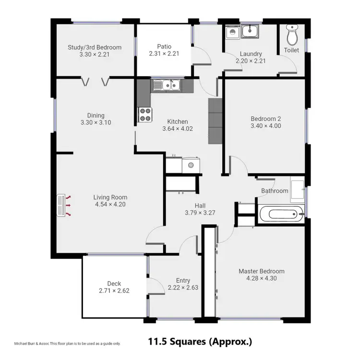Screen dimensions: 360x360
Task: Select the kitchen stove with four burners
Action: tap(144, 114)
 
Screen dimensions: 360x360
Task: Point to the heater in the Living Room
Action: tap(61, 205)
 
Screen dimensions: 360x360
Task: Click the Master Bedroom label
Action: tap(262, 271)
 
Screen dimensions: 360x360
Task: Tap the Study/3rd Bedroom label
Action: tap(95, 48)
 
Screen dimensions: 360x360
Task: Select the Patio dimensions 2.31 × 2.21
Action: tap(164, 54)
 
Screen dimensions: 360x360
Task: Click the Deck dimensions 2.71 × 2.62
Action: tap(114, 290)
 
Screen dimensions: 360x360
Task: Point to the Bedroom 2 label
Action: tap(265, 119)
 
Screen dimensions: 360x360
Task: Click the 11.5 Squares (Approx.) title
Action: tap(200, 342)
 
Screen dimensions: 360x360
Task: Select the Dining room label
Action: tap(96, 115)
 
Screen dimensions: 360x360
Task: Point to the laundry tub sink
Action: tap(250, 32)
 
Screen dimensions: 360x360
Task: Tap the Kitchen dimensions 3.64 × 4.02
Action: tap(177, 129)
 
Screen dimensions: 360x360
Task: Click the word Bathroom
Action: tap(275, 191)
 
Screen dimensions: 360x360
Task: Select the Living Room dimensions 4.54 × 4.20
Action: tap(110, 204)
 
